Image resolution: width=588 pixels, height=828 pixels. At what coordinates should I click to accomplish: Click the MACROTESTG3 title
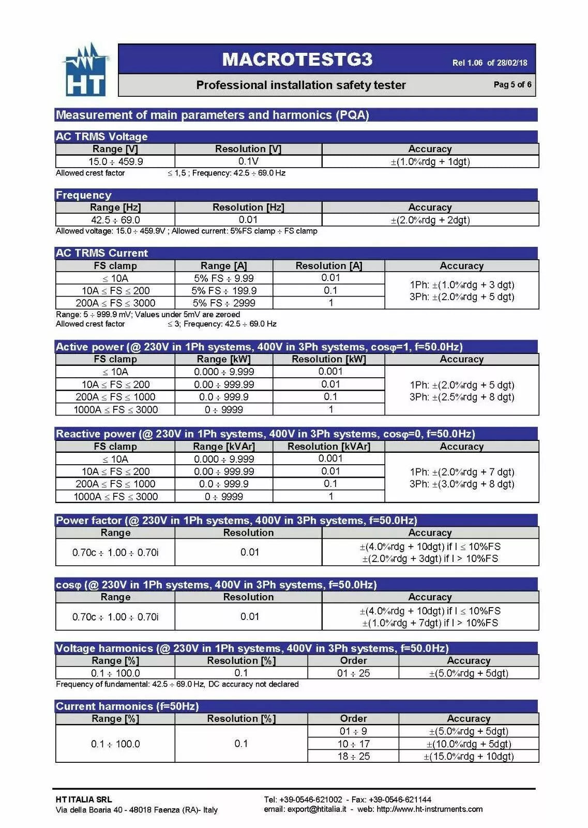(297, 60)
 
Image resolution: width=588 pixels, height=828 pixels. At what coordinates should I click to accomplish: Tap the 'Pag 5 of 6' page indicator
(512, 84)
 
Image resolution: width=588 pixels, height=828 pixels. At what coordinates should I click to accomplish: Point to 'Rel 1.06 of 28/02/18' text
(489, 63)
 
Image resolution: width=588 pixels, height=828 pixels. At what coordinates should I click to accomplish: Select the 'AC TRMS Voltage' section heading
(102, 137)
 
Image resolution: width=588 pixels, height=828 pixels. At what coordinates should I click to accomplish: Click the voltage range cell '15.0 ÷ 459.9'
(115, 161)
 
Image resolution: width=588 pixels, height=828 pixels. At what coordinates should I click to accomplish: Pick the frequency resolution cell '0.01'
(248, 220)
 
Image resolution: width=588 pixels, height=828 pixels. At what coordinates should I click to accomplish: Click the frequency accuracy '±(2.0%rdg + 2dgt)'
(430, 220)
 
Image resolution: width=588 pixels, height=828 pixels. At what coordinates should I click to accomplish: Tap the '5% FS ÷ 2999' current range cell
(224, 303)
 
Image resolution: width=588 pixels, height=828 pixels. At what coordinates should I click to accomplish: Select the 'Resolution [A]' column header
(328, 265)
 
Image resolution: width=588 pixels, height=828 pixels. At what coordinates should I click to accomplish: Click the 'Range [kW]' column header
(224, 359)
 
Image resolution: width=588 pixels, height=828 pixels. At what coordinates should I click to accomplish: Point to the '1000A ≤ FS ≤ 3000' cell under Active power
(115, 409)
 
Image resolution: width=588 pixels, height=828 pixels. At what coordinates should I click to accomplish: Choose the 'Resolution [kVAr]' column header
(328, 446)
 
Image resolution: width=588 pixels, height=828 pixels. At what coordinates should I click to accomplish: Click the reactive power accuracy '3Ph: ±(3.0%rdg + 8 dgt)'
(462, 484)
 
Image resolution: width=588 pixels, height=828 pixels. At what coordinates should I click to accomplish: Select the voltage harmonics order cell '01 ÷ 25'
(353, 673)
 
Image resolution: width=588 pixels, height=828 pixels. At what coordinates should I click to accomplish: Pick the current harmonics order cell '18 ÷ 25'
(353, 756)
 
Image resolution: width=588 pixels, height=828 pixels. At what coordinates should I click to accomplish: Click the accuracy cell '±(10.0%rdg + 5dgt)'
(469, 744)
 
